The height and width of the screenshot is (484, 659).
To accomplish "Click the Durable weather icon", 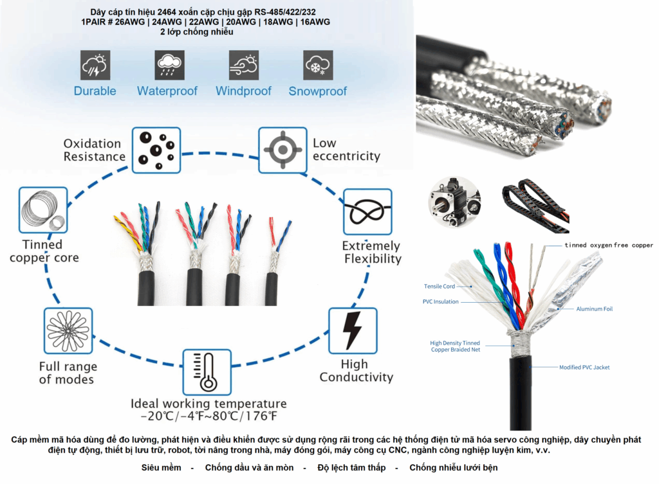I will point(95,65).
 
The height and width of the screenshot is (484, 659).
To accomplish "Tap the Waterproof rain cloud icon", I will point(169,65).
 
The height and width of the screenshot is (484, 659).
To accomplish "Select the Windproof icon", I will point(243,65).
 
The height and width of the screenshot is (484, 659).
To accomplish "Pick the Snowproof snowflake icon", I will point(318,65).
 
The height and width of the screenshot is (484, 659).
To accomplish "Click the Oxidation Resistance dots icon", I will point(156,150).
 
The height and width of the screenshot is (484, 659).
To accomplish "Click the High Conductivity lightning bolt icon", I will point(353,330).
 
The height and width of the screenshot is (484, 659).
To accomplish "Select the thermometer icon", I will point(207,372).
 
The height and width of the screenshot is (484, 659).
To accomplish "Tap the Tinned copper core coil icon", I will point(42,210).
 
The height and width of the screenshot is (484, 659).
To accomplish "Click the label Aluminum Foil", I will point(594,309).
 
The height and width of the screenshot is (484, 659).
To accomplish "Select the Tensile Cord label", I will point(440,287).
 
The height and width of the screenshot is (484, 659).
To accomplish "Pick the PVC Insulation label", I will point(441,301).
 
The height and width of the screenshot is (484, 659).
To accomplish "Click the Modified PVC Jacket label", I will point(584,367).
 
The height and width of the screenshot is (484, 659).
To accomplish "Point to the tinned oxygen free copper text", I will point(609,245).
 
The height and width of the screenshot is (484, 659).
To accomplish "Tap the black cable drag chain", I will point(534,205).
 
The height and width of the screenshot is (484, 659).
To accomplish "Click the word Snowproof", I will point(318,91).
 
